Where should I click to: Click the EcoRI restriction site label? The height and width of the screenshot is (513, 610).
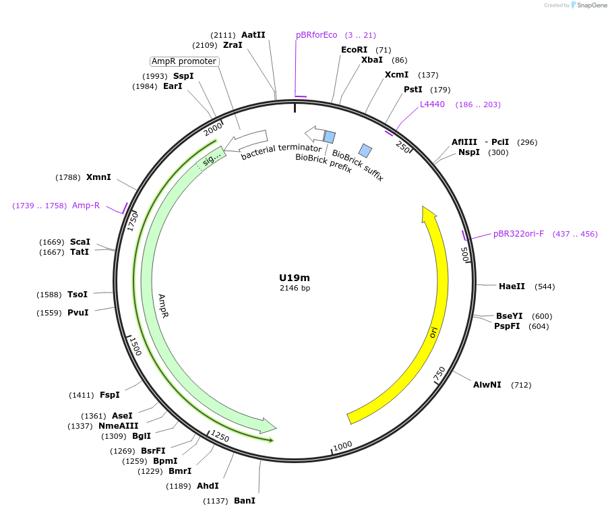354,50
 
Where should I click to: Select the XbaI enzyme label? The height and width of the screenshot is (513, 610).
371,60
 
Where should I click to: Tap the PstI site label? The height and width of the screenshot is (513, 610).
413,90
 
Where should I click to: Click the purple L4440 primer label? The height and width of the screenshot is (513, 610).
432,104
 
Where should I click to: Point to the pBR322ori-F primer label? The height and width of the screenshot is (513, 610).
518,234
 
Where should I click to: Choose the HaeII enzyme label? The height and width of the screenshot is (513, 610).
512,286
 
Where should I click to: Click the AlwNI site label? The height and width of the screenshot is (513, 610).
487,385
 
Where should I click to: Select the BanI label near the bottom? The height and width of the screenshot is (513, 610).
244,501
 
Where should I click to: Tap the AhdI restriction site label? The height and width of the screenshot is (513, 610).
208,486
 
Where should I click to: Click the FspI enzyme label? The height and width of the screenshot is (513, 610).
109,395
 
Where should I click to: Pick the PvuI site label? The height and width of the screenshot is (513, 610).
78,313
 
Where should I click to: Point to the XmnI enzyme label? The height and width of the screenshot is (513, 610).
98,177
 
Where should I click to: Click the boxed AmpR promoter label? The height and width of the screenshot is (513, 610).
184,61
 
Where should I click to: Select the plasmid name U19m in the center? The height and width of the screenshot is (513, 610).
295,278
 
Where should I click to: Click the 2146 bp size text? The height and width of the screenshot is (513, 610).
295,289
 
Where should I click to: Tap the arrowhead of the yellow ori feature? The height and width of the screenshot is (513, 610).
428,214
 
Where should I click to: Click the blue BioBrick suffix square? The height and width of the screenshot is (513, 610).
365,150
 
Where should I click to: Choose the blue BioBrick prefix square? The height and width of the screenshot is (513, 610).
330,137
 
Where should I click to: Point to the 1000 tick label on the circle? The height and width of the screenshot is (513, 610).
342,446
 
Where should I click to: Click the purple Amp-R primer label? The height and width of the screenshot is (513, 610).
86,206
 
